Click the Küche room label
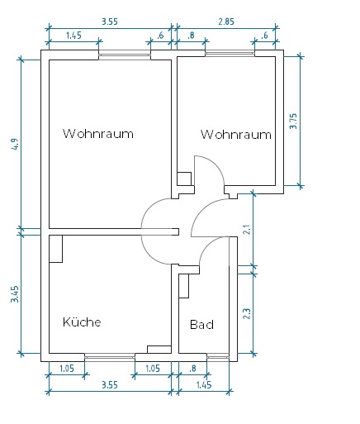coord(82,322)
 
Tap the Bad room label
coord(201,325)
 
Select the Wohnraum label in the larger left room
coord(98,134)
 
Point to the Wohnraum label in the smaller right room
coord(236,135)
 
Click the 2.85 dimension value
coord(226,21)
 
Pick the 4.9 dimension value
coord(16,144)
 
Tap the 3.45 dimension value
coord(15,294)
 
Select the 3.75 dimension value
coord(293,121)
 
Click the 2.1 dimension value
coord(248,230)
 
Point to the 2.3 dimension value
coord(247,313)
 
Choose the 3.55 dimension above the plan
coord(110,21)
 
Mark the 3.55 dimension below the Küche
coord(110,384)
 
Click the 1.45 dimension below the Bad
coord(204,384)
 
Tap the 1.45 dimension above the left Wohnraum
coord(73,36)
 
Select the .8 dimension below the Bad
coord(192,369)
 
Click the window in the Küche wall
coord(110,357)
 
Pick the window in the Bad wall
coord(218,357)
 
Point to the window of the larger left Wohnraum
coord(125,55)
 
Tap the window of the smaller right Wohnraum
coord(230,54)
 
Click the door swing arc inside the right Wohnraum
coord(216,165)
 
